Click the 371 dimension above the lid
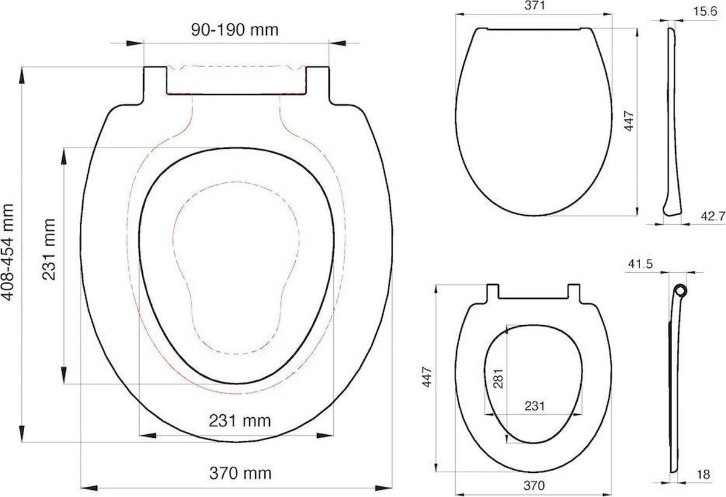[534, 7]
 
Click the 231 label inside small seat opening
[534, 406]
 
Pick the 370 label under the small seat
[534, 486]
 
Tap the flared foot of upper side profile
[672, 206]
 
